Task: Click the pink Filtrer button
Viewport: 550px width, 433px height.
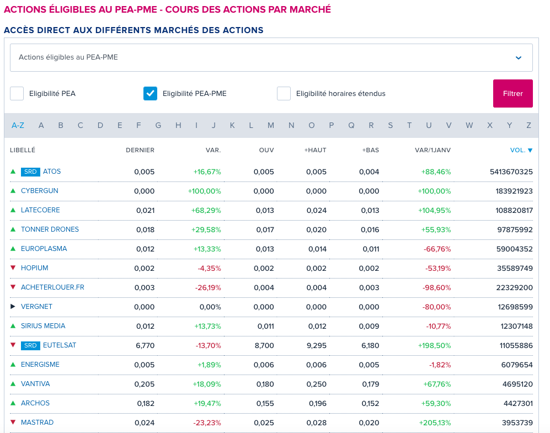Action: (x=513, y=93)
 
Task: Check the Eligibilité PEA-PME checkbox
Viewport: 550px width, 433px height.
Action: (x=150, y=94)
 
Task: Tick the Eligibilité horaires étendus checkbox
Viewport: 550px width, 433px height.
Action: (x=284, y=94)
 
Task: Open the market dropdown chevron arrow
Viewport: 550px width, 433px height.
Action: (x=519, y=58)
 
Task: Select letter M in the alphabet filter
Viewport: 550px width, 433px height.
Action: (x=271, y=126)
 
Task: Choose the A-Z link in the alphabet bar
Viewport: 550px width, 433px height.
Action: (x=18, y=126)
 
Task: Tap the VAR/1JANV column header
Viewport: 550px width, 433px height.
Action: (x=433, y=150)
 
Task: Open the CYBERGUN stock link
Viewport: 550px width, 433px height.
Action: (x=40, y=191)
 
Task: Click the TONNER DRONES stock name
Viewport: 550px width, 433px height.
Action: (x=50, y=229)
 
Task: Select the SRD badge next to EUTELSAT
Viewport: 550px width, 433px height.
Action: (x=30, y=345)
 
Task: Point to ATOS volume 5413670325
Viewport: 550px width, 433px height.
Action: (x=511, y=172)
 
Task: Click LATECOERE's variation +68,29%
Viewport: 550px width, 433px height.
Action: (x=206, y=210)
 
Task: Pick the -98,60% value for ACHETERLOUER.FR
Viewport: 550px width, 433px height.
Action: (x=437, y=287)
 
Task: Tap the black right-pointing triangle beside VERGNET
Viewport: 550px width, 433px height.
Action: (x=13, y=307)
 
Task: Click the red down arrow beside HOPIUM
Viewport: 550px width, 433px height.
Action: (x=13, y=268)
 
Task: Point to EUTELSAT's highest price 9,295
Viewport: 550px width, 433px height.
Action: (x=317, y=345)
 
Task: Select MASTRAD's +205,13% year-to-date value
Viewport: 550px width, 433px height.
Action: (x=435, y=423)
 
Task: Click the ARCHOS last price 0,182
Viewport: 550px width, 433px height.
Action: (x=146, y=403)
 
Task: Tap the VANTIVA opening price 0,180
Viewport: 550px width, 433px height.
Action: (x=265, y=384)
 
